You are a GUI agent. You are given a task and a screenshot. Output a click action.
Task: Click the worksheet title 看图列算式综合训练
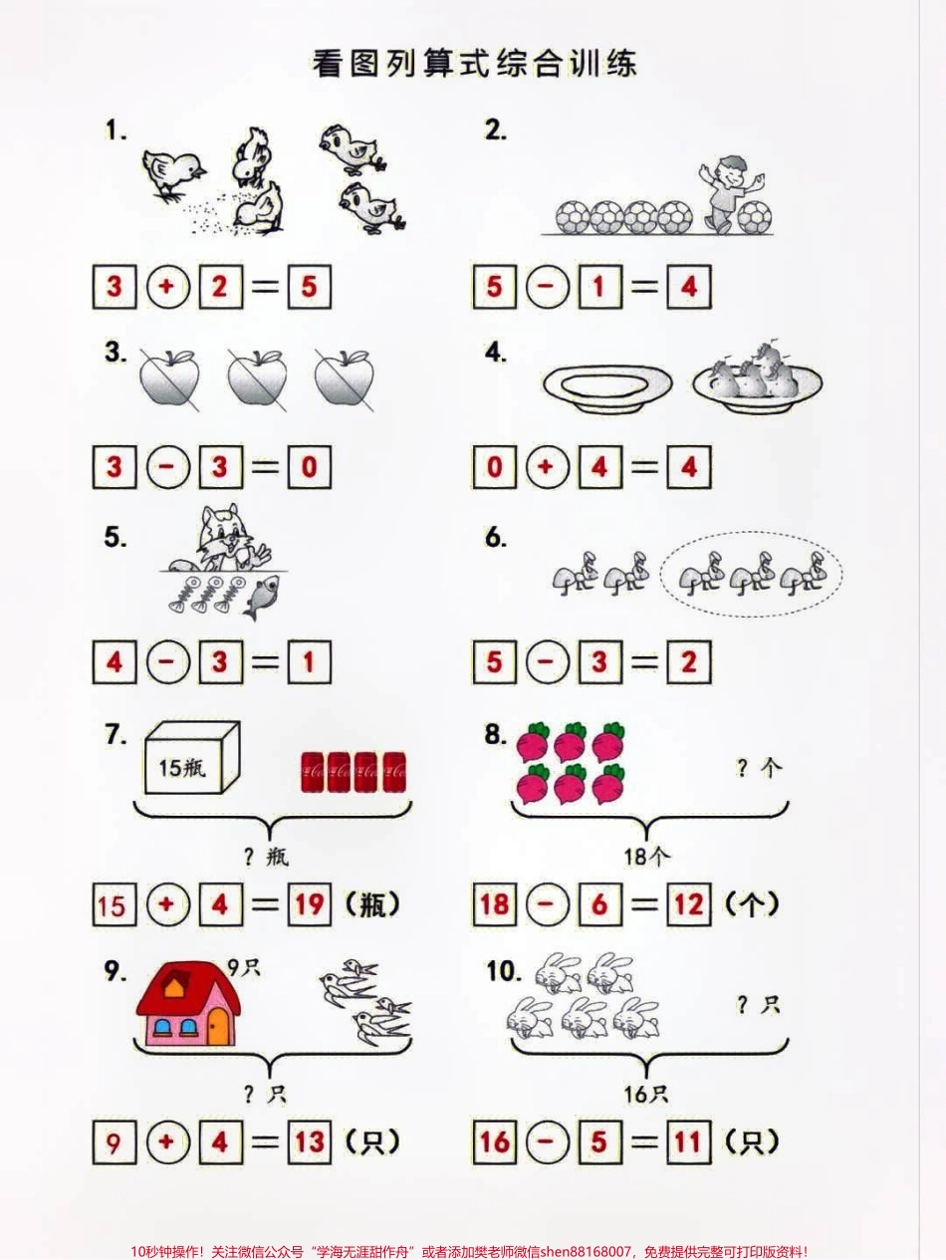[474, 64]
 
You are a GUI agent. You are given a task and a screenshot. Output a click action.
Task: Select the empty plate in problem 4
[605, 384]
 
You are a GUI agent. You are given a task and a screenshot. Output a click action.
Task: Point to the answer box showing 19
[309, 904]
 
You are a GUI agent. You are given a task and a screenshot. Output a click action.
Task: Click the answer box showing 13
[309, 1141]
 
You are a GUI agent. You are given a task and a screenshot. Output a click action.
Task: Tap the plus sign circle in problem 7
[167, 904]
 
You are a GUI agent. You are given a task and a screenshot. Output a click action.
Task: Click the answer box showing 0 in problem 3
[309, 467]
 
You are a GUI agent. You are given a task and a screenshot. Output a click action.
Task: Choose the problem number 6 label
[495, 538]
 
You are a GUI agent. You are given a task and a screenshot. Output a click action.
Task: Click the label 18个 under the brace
[647, 856]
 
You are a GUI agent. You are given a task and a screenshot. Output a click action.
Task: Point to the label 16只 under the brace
[646, 1094]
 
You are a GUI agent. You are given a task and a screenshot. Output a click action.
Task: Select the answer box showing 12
[688, 904]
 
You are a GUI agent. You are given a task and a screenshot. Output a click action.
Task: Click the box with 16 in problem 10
[495, 1141]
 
